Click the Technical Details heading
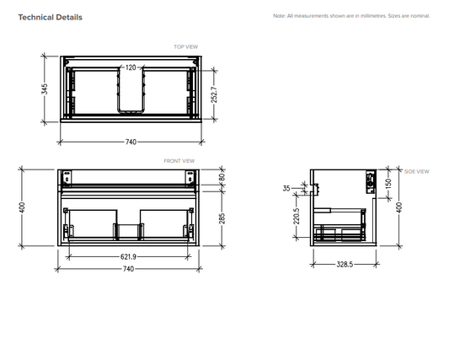(51, 17)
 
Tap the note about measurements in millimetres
(351, 16)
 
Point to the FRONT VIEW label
(179, 160)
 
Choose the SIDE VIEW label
(416, 171)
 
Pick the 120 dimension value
(131, 67)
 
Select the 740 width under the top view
(130, 142)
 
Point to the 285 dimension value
(222, 219)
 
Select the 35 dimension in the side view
(286, 189)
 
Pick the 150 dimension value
(388, 182)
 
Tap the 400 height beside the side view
(399, 207)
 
